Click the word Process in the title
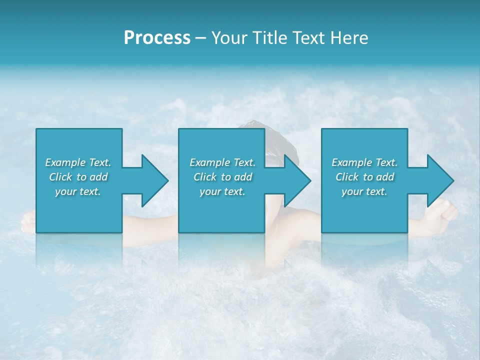157,38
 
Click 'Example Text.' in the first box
78,162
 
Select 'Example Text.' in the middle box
222,162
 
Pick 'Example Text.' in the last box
364,162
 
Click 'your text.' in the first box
78,191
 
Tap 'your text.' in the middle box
222,191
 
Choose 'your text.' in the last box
364,191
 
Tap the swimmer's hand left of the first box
28,221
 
